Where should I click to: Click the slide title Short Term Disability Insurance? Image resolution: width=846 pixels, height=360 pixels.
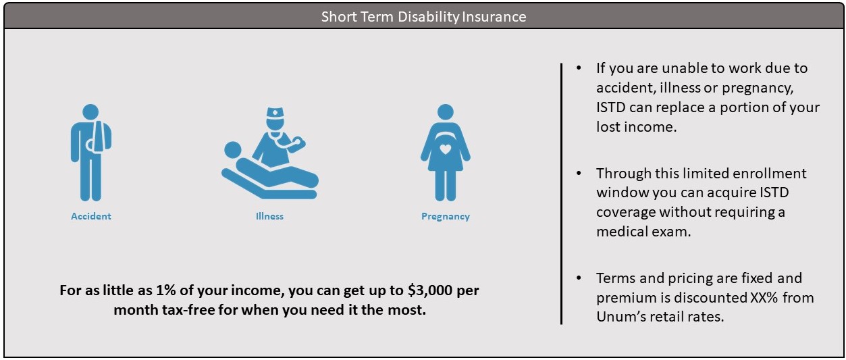(x=423, y=17)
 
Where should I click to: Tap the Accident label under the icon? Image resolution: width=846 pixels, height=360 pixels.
(x=91, y=216)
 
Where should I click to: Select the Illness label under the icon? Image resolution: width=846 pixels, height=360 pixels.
(x=269, y=216)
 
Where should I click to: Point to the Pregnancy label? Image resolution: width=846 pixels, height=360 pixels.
(x=446, y=216)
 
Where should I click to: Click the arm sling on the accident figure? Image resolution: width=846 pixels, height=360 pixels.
(x=99, y=136)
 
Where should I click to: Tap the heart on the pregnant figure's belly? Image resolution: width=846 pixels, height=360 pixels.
(x=446, y=149)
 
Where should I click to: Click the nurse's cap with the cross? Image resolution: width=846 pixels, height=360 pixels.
(x=275, y=113)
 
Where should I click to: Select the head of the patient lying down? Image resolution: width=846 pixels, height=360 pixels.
(x=233, y=150)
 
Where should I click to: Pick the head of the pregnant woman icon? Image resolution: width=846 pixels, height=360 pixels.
(x=446, y=112)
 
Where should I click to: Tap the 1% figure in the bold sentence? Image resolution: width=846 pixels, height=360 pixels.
(x=166, y=290)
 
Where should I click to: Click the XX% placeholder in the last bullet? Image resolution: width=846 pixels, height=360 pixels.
(x=764, y=298)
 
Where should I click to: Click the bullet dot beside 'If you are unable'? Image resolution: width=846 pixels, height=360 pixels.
(x=579, y=68)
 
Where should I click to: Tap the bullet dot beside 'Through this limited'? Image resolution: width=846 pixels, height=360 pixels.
(x=579, y=173)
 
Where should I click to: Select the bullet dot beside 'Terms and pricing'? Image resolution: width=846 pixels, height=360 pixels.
(x=579, y=278)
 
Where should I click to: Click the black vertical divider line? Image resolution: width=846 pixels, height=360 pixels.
(x=561, y=193)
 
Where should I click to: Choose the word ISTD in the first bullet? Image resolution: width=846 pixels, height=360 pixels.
(x=611, y=107)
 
